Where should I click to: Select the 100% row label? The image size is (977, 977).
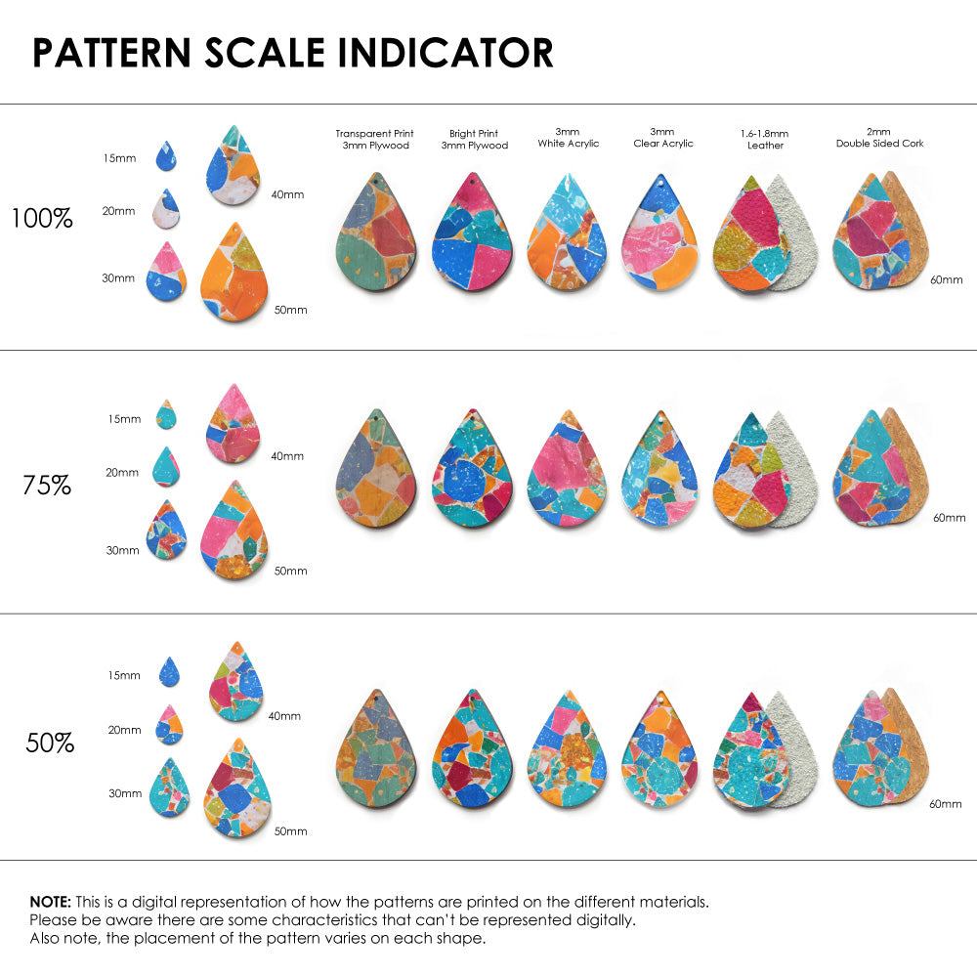pos(42,219)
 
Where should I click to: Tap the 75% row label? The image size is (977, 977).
pos(47,485)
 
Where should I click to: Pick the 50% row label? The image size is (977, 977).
pos(50,743)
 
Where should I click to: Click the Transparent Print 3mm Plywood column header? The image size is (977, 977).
pos(374,139)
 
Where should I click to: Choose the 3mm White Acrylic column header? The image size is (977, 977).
pos(568,138)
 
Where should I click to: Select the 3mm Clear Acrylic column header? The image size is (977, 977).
pos(663,138)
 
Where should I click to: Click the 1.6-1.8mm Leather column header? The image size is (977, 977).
pos(765,139)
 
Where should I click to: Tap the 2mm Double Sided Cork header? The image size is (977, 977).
pos(879,138)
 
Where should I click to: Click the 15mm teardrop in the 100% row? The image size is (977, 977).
pos(167,155)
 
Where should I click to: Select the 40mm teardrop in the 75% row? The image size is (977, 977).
pos(234,425)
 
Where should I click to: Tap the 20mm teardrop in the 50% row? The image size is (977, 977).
pos(168,726)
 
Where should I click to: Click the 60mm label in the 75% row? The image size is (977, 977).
pos(949,517)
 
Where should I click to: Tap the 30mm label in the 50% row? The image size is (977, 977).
pos(125,793)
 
